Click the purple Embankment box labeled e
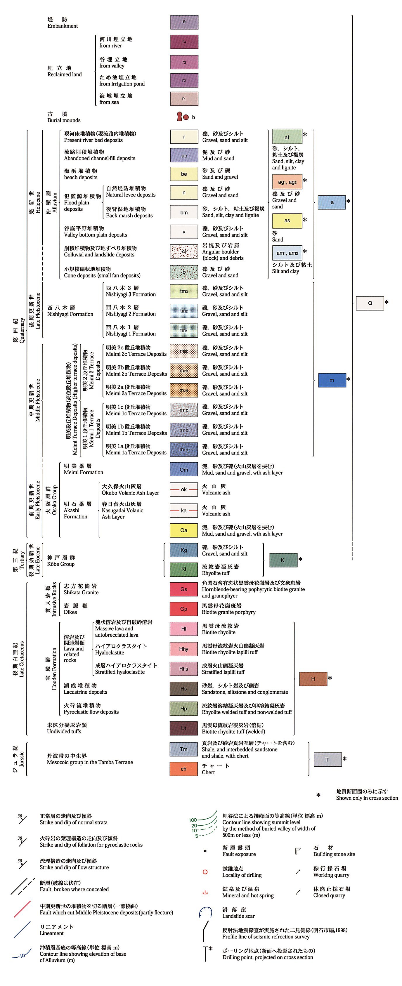click(x=184, y=22)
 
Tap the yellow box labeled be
click(x=184, y=174)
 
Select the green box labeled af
click(x=287, y=137)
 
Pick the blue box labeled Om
click(x=184, y=469)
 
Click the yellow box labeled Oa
click(x=184, y=530)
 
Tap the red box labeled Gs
click(x=184, y=589)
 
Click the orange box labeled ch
click(x=184, y=769)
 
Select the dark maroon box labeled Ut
click(x=184, y=728)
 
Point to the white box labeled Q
click(x=370, y=303)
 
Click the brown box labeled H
click(x=313, y=679)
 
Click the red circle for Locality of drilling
click(x=205, y=872)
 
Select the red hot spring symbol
click(x=205, y=892)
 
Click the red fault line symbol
click(x=22, y=909)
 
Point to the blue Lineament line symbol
click(x=22, y=929)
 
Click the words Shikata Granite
click(x=81, y=593)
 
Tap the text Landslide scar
click(x=238, y=916)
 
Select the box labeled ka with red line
click(x=184, y=510)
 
